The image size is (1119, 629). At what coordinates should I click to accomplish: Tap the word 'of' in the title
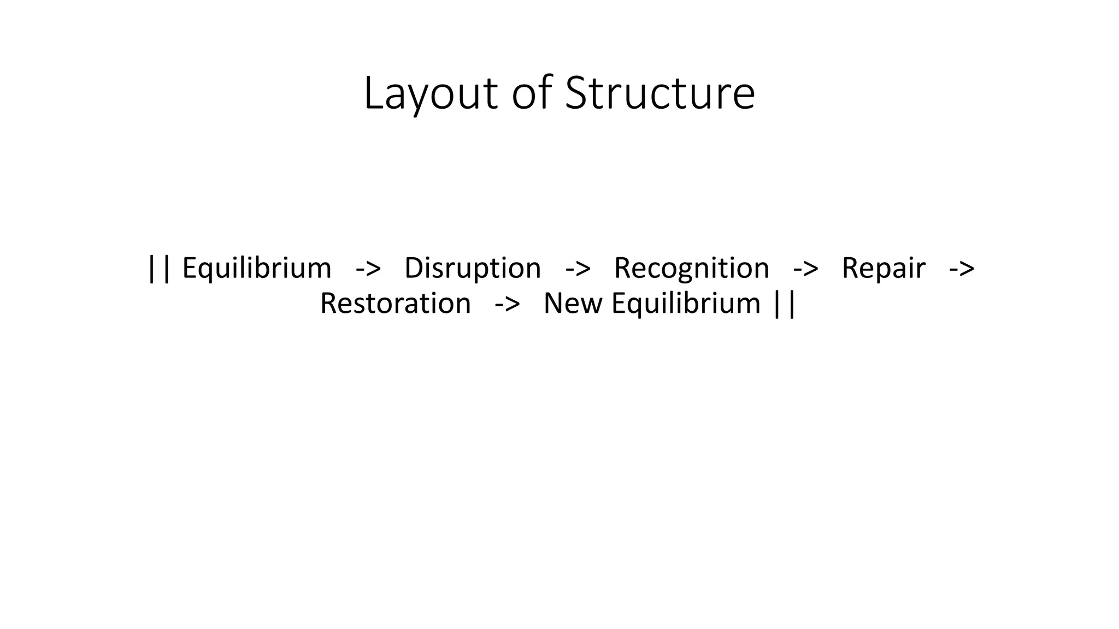(532, 93)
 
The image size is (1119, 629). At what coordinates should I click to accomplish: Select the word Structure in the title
(659, 93)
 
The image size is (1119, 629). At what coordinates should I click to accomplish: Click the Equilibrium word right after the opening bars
(256, 268)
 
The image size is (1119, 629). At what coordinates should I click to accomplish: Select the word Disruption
(473, 268)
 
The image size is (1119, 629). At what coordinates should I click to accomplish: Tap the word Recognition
(691, 268)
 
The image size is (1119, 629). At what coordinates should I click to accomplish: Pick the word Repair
(884, 268)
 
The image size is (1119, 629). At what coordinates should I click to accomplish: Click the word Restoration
(395, 303)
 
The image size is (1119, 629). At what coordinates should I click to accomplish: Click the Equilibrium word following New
(686, 303)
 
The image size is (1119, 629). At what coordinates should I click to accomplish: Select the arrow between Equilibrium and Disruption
(368, 269)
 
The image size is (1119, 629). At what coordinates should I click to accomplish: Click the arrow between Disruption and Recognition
(578, 269)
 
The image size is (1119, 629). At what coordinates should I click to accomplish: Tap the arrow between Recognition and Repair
(805, 269)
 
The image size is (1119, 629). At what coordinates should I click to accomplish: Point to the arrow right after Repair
(962, 269)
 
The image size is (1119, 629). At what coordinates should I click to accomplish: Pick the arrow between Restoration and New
(507, 304)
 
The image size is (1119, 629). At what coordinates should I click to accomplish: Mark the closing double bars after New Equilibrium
(785, 304)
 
